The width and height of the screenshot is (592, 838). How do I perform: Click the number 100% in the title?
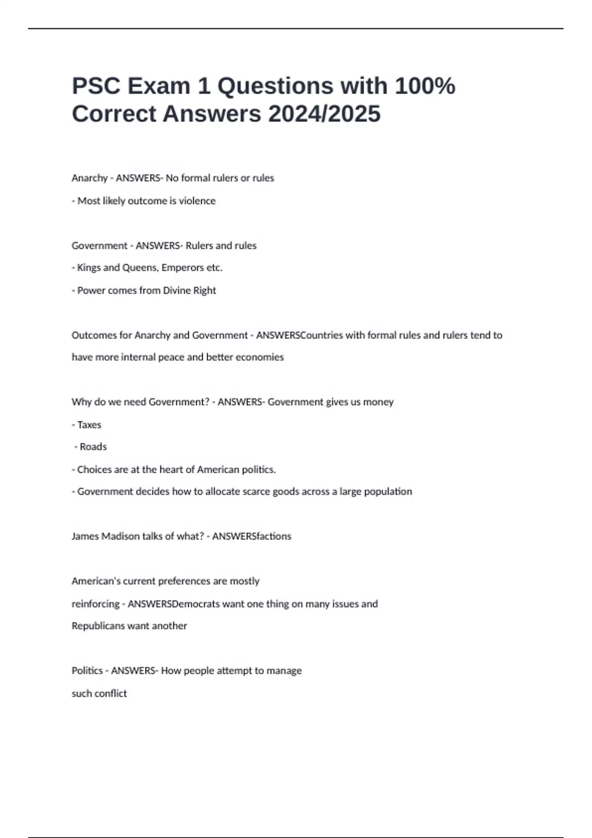click(425, 86)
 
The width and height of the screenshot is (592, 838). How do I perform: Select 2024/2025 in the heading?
click(324, 114)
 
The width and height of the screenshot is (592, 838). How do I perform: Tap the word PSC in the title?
click(96, 86)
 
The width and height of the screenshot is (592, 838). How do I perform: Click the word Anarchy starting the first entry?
click(89, 178)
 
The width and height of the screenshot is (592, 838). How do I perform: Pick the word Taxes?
click(89, 424)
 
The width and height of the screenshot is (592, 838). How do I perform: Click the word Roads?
click(93, 447)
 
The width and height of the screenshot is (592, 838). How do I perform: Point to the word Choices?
click(94, 469)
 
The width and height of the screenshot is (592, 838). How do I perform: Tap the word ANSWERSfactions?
click(252, 536)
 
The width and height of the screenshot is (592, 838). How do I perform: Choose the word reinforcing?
click(95, 604)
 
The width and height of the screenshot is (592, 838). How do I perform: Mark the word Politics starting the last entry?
click(87, 671)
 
